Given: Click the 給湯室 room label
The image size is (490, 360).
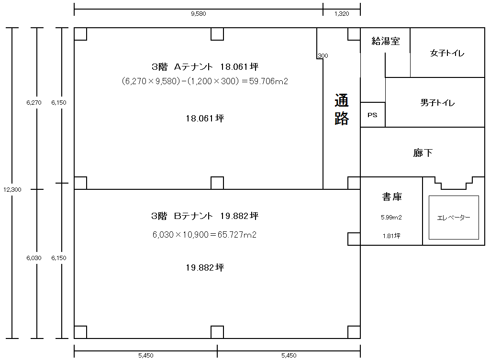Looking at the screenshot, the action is (x=385, y=41).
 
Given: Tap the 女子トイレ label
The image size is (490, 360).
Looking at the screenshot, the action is (x=447, y=53).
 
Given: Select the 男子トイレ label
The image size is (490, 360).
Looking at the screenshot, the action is (x=437, y=102).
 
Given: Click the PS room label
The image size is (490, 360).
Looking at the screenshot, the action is (x=372, y=115).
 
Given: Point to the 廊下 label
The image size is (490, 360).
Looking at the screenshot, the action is (x=423, y=153).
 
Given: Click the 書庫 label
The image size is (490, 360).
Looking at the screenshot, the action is (x=392, y=196).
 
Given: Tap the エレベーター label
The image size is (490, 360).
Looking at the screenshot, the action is (x=454, y=218).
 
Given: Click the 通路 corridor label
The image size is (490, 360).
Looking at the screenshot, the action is (x=342, y=109).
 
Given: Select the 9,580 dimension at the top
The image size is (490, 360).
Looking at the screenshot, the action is (x=199, y=13).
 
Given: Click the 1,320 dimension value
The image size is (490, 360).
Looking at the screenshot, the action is (x=342, y=13).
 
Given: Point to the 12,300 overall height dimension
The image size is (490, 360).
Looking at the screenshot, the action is (x=12, y=189).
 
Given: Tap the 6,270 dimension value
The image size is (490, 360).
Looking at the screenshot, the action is (x=34, y=102).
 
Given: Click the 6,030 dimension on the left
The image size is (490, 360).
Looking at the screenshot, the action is (x=34, y=258).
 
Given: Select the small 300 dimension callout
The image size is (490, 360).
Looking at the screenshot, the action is (x=323, y=55).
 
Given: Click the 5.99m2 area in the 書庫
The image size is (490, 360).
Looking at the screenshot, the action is (x=391, y=218).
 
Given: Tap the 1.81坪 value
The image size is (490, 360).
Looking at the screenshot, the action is (x=391, y=236).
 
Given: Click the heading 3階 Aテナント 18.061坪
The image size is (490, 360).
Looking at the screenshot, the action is (x=205, y=66).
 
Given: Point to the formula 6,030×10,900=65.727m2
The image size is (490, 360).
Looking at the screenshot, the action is (x=204, y=234).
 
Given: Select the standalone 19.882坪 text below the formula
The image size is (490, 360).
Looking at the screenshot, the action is (x=205, y=268).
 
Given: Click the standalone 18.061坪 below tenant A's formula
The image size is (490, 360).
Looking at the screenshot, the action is (x=205, y=119).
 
